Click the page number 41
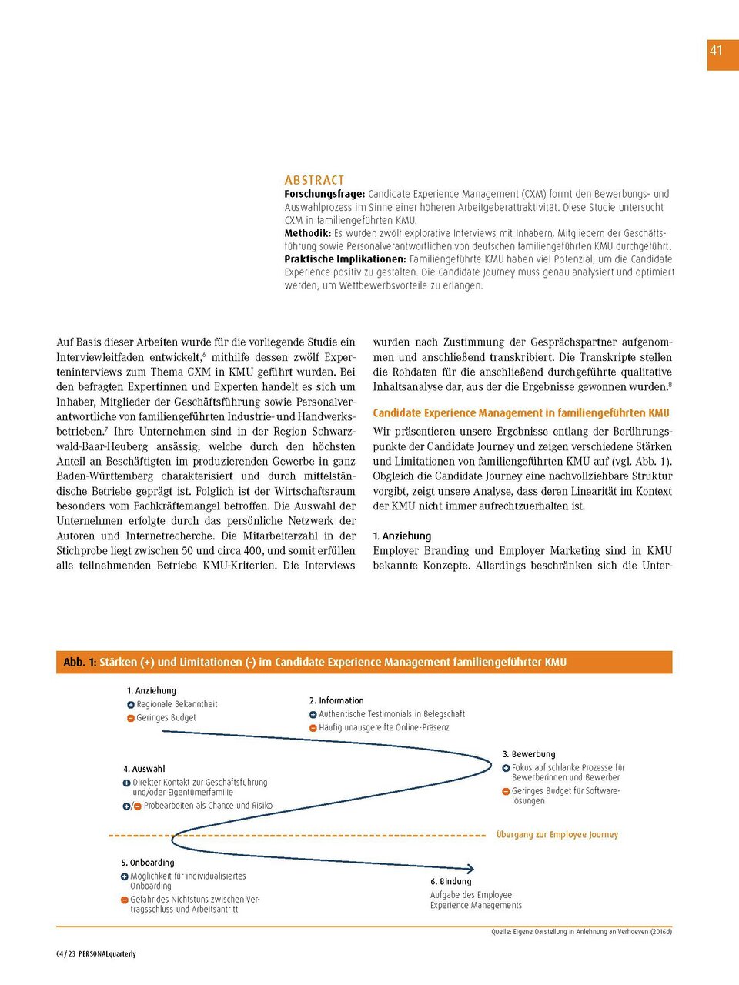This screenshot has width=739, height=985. [x=716, y=51]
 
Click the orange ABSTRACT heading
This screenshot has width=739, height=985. [x=314, y=180]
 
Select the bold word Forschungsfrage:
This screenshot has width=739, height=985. [x=324, y=194]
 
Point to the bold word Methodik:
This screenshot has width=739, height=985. [x=307, y=233]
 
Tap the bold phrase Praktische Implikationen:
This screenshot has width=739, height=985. [x=345, y=259]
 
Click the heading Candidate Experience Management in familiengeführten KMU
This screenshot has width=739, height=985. [x=520, y=413]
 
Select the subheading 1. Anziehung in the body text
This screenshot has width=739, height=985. [x=402, y=536]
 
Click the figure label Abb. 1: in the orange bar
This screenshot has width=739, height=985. [x=80, y=662]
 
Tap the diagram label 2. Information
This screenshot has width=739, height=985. [x=336, y=700]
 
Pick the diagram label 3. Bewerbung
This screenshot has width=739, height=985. [x=529, y=754]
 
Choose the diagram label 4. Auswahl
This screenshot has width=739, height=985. [x=144, y=769]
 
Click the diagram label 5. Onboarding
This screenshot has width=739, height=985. [x=148, y=863]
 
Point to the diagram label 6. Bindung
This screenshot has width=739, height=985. [x=451, y=881]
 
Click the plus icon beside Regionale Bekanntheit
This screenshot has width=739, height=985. [x=131, y=705]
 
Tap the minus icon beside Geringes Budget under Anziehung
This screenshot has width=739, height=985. [x=131, y=718]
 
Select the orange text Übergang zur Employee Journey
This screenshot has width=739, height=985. [x=557, y=834]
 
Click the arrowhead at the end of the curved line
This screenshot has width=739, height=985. [x=470, y=868]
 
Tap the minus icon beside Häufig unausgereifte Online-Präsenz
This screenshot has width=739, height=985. [x=313, y=728]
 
